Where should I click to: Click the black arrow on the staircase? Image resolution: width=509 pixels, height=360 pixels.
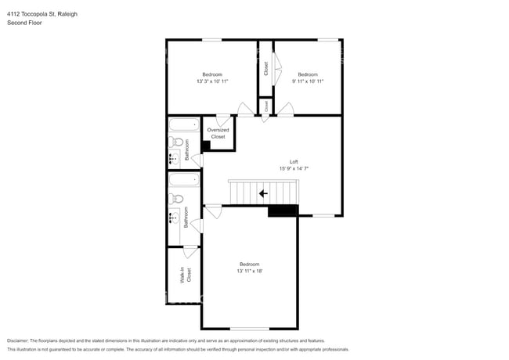(x=263, y=192)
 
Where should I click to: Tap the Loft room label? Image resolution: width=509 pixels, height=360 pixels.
(x=294, y=162)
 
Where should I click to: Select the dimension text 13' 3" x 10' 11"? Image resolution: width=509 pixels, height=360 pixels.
(x=212, y=81)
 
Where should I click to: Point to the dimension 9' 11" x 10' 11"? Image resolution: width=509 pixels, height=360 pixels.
(x=308, y=81)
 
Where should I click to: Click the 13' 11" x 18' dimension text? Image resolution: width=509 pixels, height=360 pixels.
(x=250, y=271)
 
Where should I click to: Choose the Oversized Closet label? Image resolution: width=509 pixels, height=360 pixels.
(x=218, y=133)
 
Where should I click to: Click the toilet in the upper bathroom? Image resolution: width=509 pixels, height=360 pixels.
(x=177, y=142)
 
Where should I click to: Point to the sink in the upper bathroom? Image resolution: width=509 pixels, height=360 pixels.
(x=174, y=159)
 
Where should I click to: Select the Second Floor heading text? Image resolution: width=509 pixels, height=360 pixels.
(x=24, y=23)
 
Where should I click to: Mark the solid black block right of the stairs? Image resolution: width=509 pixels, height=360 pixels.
(x=283, y=210)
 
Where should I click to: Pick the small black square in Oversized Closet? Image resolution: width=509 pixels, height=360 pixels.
(x=206, y=146)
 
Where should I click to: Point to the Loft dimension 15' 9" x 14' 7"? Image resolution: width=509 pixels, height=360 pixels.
(x=294, y=169)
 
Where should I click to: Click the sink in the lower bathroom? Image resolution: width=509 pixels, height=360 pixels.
(x=174, y=218)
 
